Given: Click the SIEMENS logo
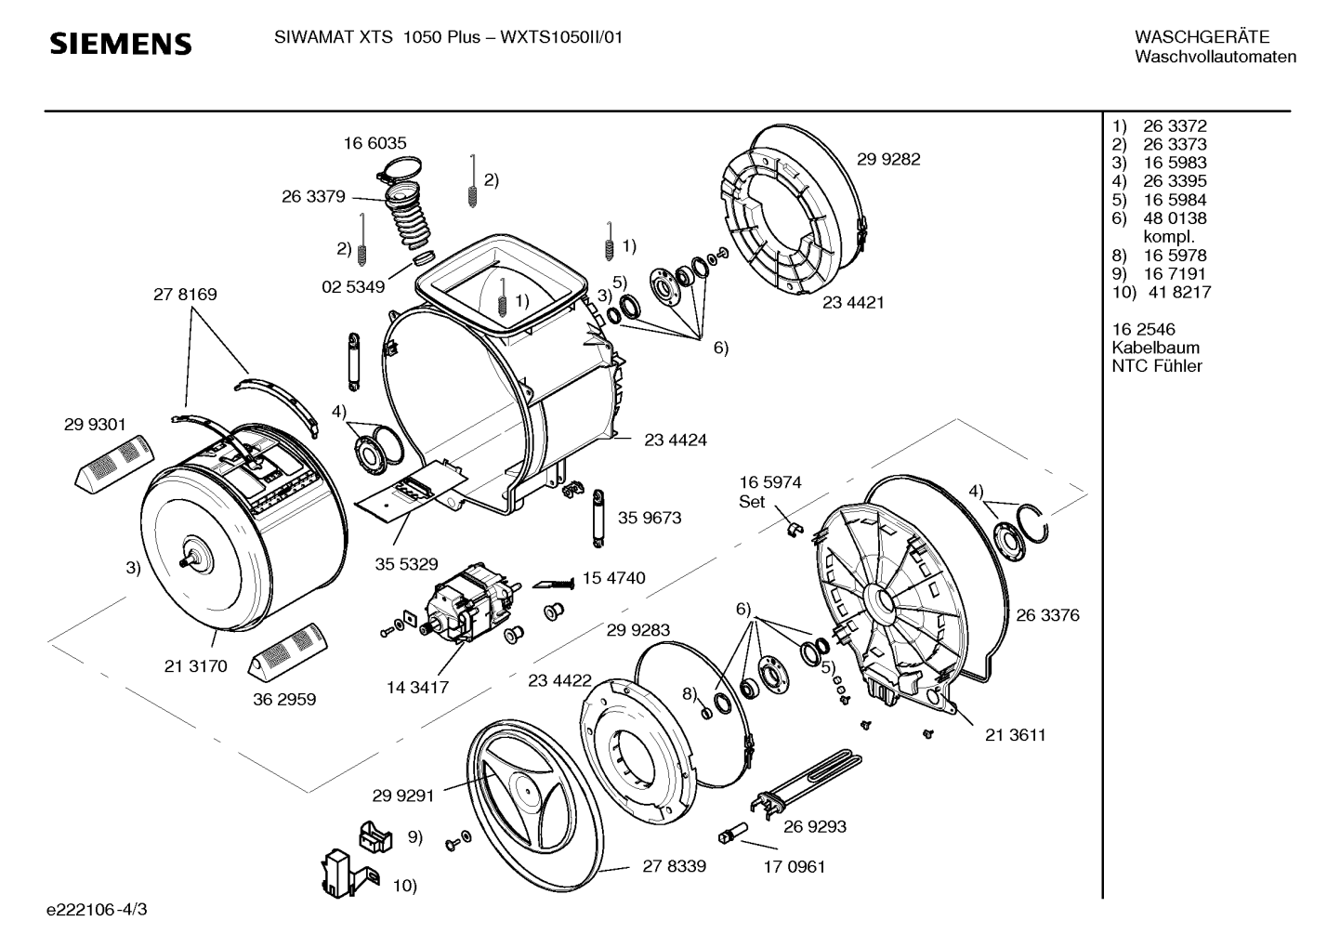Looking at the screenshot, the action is coord(121,44).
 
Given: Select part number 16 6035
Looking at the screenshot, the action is coord(374,143).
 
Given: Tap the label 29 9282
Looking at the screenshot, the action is coord(888,159).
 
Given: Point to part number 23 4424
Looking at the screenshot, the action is coord(676,440).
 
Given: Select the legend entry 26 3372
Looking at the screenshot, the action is coord(1175,125).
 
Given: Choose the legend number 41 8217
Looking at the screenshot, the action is coord(1179,292).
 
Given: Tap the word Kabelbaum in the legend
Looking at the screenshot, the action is coord(1156,348).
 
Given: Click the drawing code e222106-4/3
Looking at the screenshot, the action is coord(97,910).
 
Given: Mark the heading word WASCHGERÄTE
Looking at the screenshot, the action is coord(1202,36).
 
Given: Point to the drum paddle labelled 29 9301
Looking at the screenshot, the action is coord(114,465).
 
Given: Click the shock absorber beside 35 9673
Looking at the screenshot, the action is coord(598,518).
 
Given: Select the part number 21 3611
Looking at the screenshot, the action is coord(1015,734).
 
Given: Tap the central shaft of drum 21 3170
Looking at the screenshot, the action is coord(190,560).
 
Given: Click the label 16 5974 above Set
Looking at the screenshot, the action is coord(770,482).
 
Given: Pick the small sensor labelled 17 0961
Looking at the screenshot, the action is coord(732,832).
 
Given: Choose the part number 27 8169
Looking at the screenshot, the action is coord(185,295).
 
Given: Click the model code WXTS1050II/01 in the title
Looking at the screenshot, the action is coord(561,37).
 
